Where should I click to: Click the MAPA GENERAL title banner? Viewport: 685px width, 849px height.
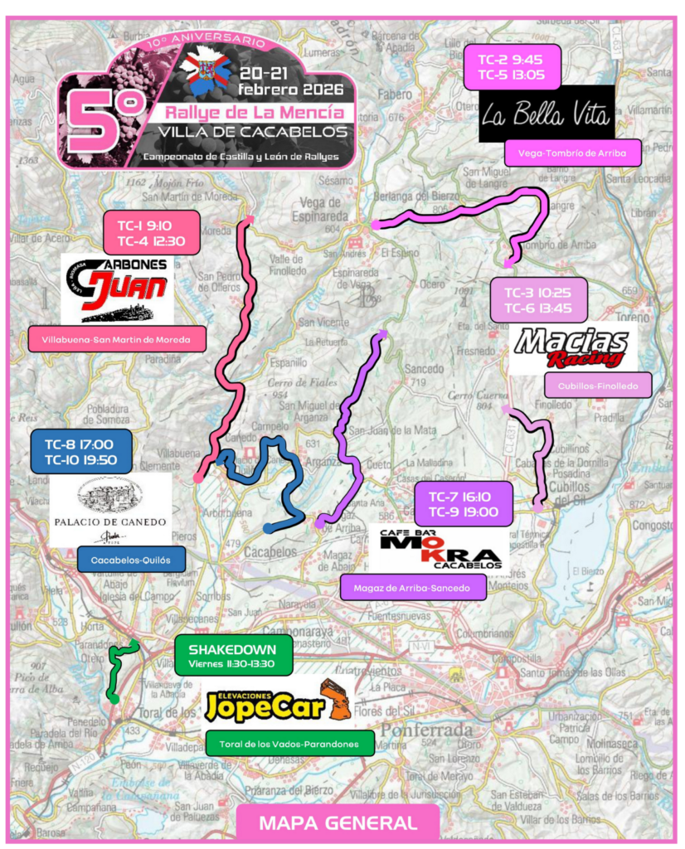[338, 823]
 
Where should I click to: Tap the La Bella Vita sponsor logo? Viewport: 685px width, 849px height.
[547, 113]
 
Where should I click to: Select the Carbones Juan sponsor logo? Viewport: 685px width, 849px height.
[117, 289]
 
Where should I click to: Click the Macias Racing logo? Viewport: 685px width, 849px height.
[573, 347]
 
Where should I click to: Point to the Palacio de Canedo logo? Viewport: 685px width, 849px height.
[110, 509]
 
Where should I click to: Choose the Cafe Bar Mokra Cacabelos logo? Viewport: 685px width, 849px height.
[440, 550]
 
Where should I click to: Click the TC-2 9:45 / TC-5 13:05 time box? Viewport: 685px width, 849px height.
[513, 66]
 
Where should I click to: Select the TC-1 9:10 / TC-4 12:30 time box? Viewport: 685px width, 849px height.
[151, 232]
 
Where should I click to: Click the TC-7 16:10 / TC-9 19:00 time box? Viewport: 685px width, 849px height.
[463, 503]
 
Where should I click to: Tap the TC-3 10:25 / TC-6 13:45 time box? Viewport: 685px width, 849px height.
[538, 299]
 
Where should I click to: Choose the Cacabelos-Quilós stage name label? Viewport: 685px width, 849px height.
[131, 560]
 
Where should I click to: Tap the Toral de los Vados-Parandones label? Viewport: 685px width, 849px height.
[290, 744]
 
